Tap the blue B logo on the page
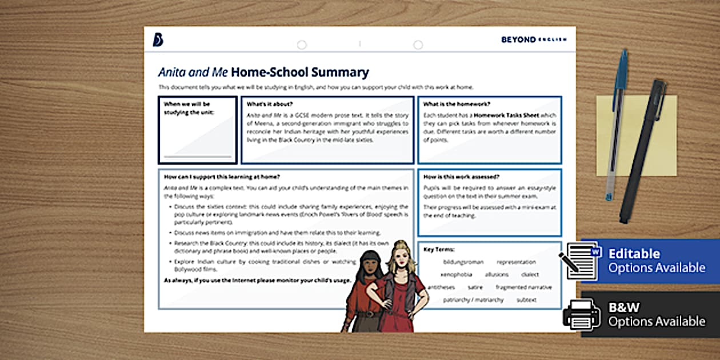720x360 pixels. (158, 39)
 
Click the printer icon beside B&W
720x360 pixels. (582, 313)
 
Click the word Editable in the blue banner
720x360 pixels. (634, 254)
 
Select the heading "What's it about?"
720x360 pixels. (270, 104)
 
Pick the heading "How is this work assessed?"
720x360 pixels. (462, 177)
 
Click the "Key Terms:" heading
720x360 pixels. (439, 249)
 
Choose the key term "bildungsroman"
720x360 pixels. (463, 262)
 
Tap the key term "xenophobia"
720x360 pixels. (455, 275)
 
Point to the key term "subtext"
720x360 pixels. (526, 300)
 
